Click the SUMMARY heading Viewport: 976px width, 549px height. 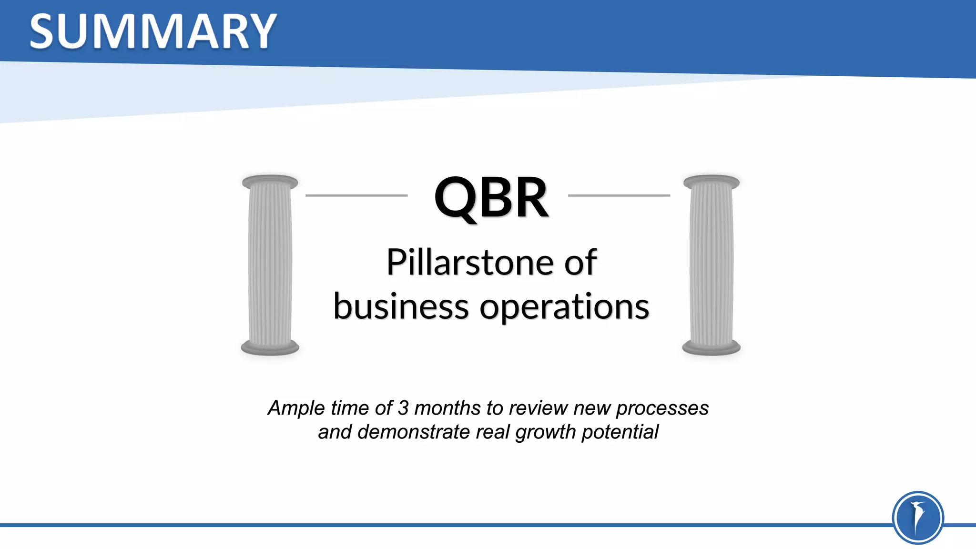pos(152,31)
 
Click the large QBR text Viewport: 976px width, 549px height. pos(491,197)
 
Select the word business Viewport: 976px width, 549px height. pos(401,307)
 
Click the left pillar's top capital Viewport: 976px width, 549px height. pos(270,182)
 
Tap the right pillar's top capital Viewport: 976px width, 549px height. pos(711,182)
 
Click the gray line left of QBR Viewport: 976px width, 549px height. pos(356,195)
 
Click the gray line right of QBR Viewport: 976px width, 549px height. pos(619,195)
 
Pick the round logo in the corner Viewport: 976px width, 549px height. pos(917,518)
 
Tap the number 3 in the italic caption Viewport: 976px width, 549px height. pos(403,408)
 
